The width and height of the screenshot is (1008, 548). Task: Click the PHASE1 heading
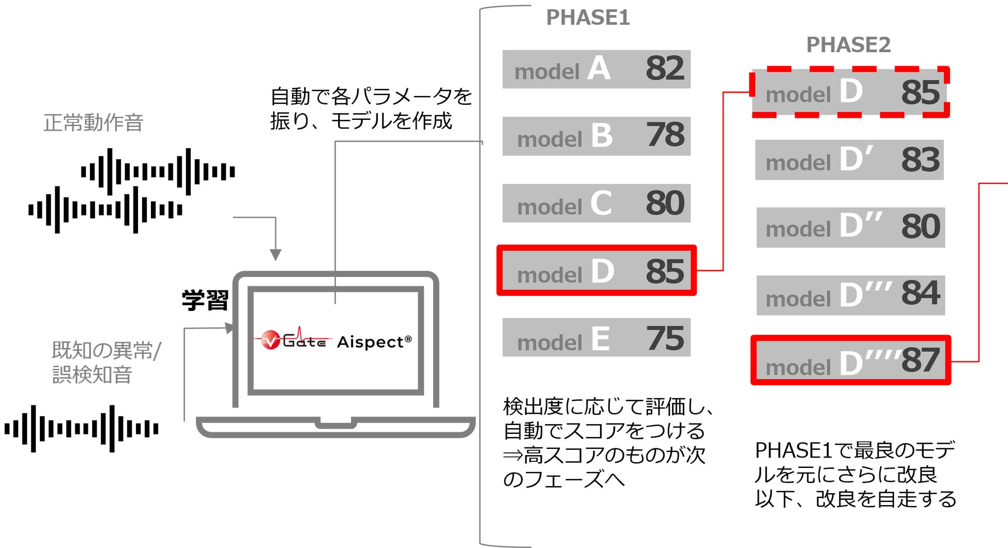click(x=588, y=18)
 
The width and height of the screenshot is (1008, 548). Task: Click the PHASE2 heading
click(x=848, y=45)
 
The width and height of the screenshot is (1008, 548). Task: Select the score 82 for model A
click(x=665, y=69)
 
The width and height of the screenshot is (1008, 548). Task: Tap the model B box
click(x=596, y=136)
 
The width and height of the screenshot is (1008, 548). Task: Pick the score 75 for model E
click(x=665, y=339)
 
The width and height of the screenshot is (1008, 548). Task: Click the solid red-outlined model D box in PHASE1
click(x=596, y=271)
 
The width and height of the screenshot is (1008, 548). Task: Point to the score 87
click(x=921, y=361)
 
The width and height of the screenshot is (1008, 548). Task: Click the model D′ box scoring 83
click(x=849, y=160)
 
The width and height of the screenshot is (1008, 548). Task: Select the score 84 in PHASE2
click(x=921, y=293)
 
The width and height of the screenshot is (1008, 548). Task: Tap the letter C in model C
click(x=601, y=203)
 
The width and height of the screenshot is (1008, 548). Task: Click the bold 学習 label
click(x=205, y=300)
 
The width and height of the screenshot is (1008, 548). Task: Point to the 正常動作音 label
click(x=94, y=123)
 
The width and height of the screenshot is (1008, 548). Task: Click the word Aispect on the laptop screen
click(x=370, y=342)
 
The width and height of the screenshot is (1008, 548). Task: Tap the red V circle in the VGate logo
click(x=270, y=340)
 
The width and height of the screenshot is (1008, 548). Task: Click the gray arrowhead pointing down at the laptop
click(x=276, y=255)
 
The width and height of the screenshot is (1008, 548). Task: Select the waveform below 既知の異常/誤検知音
click(x=82, y=429)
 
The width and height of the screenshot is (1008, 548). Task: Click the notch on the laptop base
click(x=335, y=424)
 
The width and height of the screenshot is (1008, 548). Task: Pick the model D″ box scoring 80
click(x=850, y=228)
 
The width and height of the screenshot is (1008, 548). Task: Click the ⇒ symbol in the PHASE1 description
click(x=512, y=456)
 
